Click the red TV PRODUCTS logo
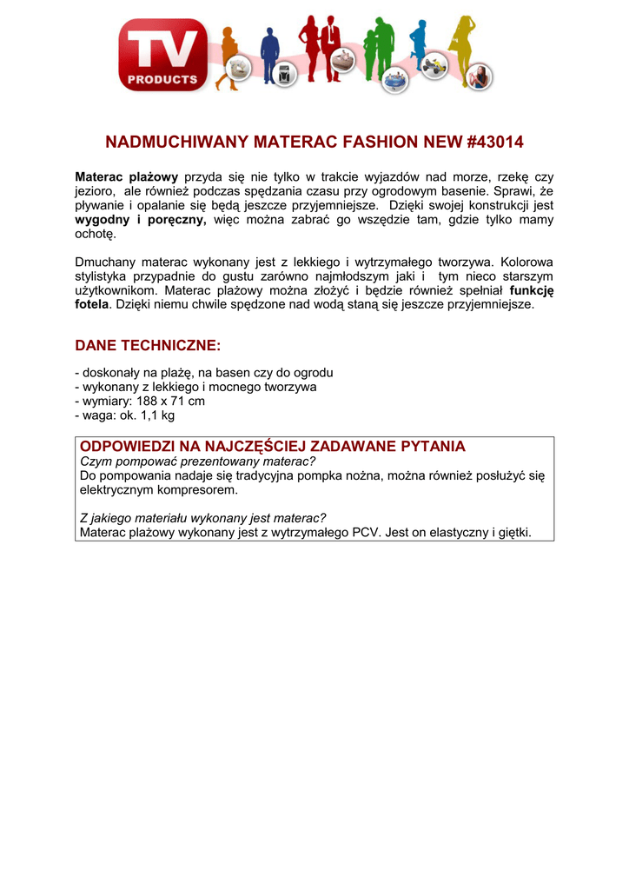[x=163, y=55]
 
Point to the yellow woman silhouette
[x=460, y=43]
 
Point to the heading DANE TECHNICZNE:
[x=149, y=345]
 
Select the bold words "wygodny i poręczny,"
[x=141, y=221]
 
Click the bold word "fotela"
[x=92, y=305]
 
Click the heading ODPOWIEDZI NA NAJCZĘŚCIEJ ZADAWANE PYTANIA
[x=273, y=446]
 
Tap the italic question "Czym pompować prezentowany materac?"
[x=197, y=461]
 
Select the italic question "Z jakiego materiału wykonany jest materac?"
[x=202, y=518]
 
